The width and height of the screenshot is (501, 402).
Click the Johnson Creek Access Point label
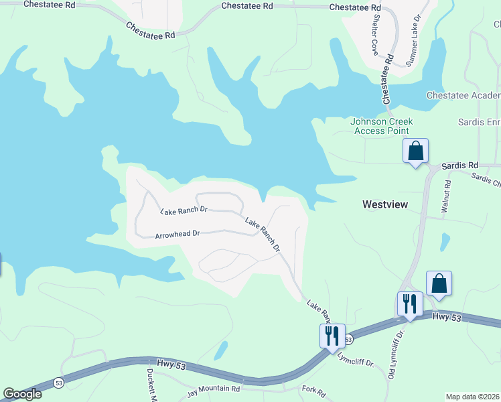(382, 126)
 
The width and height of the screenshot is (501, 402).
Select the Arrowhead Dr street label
(177, 234)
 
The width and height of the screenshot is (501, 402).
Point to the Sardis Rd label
(459, 164)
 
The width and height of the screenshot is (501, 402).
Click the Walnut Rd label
(445, 196)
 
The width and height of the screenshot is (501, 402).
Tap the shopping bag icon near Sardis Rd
(416, 151)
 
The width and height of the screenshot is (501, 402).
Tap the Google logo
(22, 394)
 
